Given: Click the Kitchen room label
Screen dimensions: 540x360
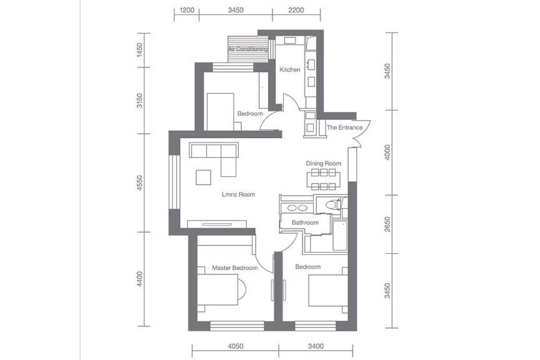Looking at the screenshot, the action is (289, 69).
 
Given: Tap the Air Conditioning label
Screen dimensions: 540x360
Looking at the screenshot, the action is (248, 49).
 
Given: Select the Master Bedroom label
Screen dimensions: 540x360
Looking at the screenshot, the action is (234, 267).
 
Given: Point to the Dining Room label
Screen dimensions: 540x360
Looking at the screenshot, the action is (324, 163).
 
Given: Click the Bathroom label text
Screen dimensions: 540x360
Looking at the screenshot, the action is (305, 222).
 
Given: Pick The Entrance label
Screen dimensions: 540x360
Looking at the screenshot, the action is (344, 127).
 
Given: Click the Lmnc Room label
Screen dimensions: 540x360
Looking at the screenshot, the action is (239, 194).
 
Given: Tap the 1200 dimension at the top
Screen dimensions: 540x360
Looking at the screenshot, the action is (187, 10).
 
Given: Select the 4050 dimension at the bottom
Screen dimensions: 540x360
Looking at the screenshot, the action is (236, 346).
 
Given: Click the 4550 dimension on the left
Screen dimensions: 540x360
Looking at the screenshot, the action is (139, 183).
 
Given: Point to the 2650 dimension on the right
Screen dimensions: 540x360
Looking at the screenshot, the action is (387, 224).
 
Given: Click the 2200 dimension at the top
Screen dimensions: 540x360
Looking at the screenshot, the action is (296, 10).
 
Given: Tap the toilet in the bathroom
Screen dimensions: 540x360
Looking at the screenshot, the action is (332, 204).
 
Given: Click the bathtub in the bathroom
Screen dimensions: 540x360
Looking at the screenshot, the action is (340, 236).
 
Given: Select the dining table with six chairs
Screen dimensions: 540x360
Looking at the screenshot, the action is (323, 179).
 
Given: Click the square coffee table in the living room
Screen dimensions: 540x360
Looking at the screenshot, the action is (203, 177).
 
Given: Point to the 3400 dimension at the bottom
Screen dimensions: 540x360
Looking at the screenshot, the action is (316, 346).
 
